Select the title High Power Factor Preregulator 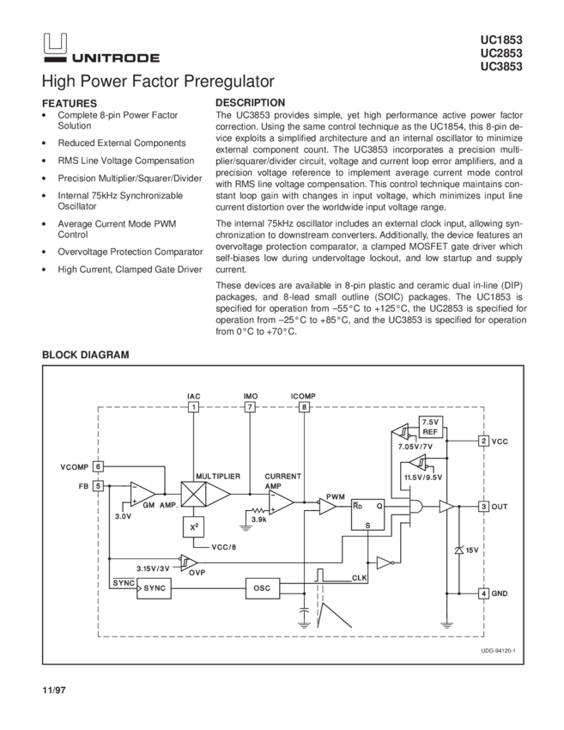click(158, 82)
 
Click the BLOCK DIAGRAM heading click(86, 354)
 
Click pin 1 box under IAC click(194, 407)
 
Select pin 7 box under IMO click(250, 407)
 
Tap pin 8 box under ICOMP click(304, 407)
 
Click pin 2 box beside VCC click(484, 441)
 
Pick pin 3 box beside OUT click(484, 507)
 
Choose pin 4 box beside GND click(484, 593)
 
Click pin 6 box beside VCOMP click(99, 466)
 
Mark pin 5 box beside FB click(99, 485)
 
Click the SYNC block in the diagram click(155, 588)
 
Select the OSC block click(261, 588)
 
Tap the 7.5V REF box click(430, 427)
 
